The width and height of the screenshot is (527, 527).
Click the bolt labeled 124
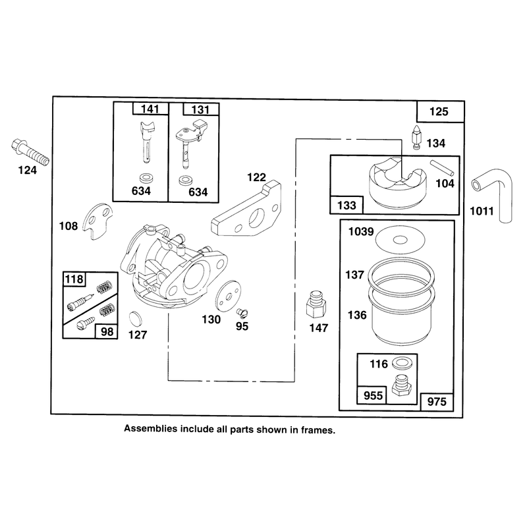[x=30, y=152]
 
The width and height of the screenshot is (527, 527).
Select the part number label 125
[x=439, y=111]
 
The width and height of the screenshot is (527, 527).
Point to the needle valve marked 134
[x=417, y=138]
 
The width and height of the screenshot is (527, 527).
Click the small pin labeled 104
[x=442, y=168]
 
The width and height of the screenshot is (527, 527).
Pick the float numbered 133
[x=398, y=182]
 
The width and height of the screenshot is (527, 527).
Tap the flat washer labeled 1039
[x=400, y=240]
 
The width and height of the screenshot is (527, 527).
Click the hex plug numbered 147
[x=316, y=304]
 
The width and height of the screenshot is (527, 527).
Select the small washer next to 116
[x=400, y=363]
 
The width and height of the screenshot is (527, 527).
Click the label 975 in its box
[x=437, y=402]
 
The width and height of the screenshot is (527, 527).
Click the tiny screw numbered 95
[x=242, y=314]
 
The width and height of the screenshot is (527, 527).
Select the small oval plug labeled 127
[x=136, y=319]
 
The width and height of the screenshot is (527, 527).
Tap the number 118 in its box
[x=74, y=279]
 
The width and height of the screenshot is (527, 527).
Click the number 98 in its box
[x=107, y=332]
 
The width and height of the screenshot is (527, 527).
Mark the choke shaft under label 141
[x=147, y=141]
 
